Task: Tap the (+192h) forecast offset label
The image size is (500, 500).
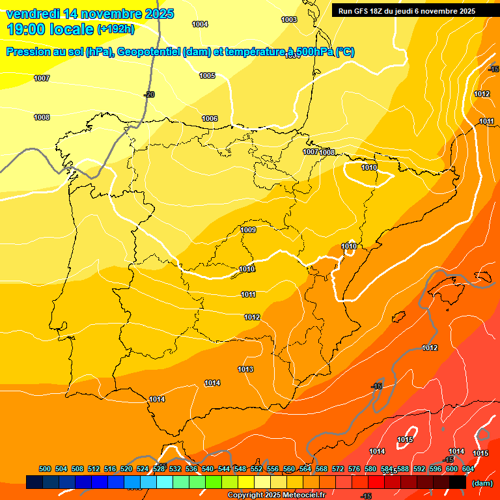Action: tap(116, 29)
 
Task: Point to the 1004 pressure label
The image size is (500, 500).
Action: tap(200, 24)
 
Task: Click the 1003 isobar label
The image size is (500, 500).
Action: tap(289, 20)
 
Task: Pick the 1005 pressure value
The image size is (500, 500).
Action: tap(207, 76)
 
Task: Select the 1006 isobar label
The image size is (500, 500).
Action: tap(210, 118)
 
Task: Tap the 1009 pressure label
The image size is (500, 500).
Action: tap(248, 230)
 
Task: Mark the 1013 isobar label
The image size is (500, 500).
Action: tap(245, 369)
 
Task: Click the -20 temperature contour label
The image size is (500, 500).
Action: tap(149, 94)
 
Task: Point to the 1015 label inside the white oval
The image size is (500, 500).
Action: tap(405, 439)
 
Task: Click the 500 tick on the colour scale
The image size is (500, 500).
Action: tap(45, 469)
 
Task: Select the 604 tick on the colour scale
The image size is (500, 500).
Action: tap(467, 469)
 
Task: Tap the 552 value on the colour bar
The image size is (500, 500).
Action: tap(257, 469)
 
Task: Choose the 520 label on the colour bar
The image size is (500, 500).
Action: tap(126, 469)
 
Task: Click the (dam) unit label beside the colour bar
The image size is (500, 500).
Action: tap(482, 483)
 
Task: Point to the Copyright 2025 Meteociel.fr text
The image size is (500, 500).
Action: tap(276, 495)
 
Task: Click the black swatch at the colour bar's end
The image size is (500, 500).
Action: tap(458, 482)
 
